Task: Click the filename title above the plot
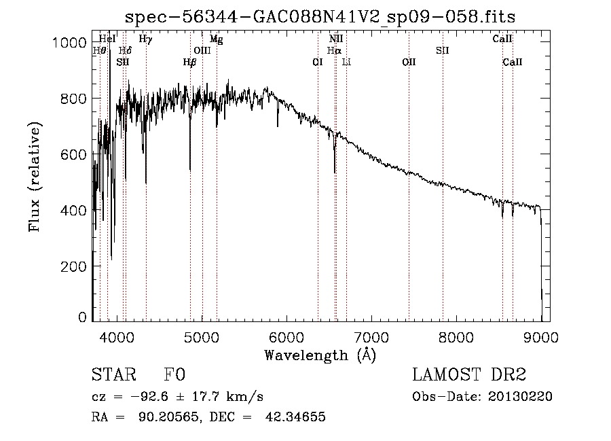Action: coord(320,17)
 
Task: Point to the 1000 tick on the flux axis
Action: coord(69,43)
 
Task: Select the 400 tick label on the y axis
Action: coord(73,211)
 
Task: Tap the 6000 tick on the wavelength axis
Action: coord(286,337)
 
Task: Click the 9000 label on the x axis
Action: coord(541,337)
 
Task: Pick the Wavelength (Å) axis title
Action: coord(320,355)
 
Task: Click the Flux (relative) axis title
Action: coord(35,177)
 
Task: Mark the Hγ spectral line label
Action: coord(145,39)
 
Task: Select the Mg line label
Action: coord(217,39)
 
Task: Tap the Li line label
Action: coord(346,62)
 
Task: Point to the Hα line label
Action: coord(334,50)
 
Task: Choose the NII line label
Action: coord(336,39)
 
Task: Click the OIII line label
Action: coord(202,50)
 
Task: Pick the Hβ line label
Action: coord(190,63)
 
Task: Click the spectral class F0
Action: coord(174,374)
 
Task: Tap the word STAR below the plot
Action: coord(114,374)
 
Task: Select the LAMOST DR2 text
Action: coord(469,374)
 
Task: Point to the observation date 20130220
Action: coord(520,397)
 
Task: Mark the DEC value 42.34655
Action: coord(295,417)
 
